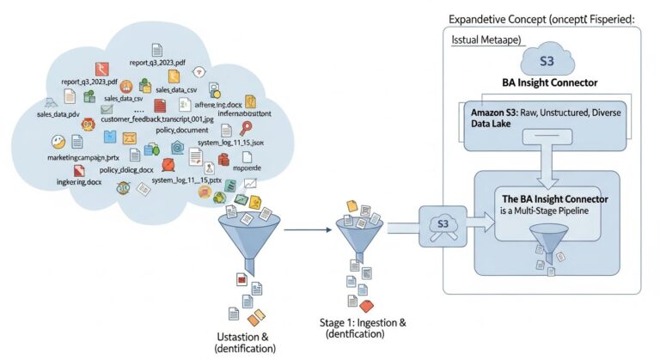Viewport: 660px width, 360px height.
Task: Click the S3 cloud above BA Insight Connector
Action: tap(547, 63)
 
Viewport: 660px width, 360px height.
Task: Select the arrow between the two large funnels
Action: tap(308, 229)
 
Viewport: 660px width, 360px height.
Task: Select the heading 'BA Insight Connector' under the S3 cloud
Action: tap(549, 83)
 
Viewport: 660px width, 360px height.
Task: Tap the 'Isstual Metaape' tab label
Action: tap(486, 41)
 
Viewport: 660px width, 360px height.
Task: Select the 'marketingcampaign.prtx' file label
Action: tap(82, 159)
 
